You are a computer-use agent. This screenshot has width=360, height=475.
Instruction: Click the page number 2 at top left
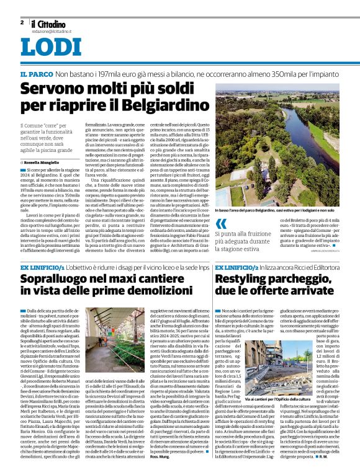[x=22, y=22]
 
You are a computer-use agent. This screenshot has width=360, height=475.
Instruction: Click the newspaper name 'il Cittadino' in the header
[x=48, y=24]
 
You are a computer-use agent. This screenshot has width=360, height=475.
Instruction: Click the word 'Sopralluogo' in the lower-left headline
[x=58, y=280]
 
